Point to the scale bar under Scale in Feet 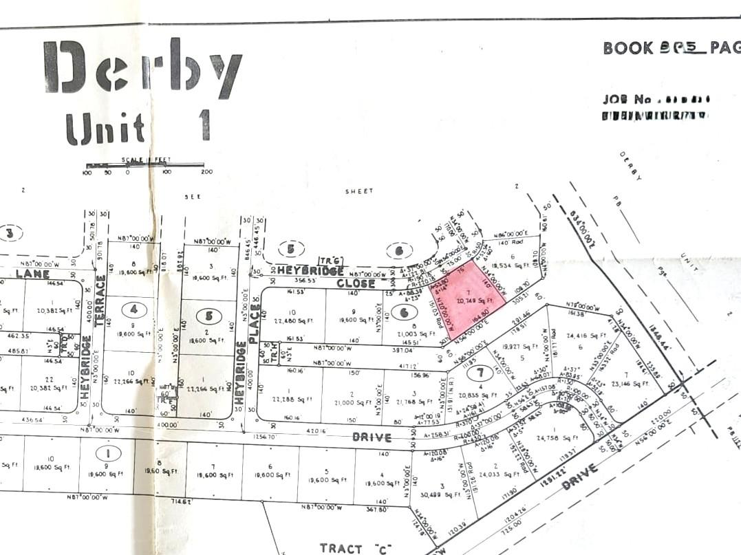[144, 165]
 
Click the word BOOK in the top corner [627, 48]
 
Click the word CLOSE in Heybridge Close [356, 283]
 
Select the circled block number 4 [133, 309]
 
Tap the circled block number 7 [480, 373]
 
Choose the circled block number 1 [107, 453]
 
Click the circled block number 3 [9, 233]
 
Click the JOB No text [627, 100]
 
